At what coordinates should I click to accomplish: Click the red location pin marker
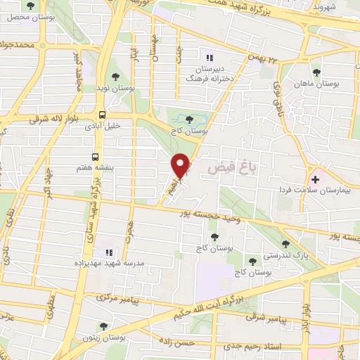[x=182, y=166]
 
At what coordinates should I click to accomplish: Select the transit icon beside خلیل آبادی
[x=103, y=114]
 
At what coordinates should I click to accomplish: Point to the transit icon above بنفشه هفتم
[x=96, y=157]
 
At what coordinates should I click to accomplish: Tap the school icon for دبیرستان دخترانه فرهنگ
[x=207, y=58]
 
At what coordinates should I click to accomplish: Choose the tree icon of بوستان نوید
[x=116, y=77]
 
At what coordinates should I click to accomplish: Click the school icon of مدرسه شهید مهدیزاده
[x=107, y=251]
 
